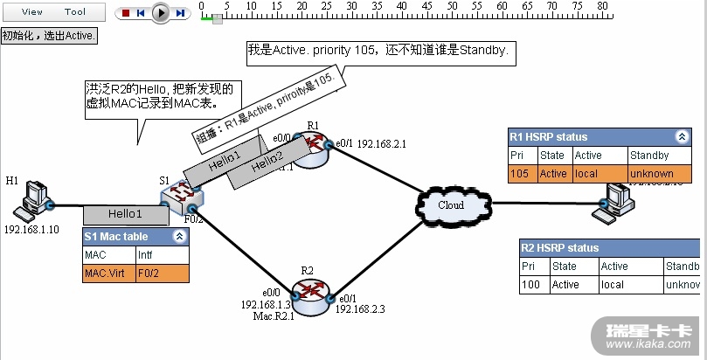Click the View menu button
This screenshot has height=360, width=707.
(31, 12)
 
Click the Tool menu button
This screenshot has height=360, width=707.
(75, 12)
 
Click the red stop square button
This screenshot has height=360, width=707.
(126, 13)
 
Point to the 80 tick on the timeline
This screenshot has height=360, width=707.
(602, 7)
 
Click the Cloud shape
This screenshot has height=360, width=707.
(451, 204)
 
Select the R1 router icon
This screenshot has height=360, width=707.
(312, 149)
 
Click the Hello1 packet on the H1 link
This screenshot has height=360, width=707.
(125, 214)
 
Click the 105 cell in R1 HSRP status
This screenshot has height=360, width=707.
(523, 174)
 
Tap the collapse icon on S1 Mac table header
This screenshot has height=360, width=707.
(179, 237)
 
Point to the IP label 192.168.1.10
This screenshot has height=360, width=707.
(31, 230)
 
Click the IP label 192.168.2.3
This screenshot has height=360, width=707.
(360, 309)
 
